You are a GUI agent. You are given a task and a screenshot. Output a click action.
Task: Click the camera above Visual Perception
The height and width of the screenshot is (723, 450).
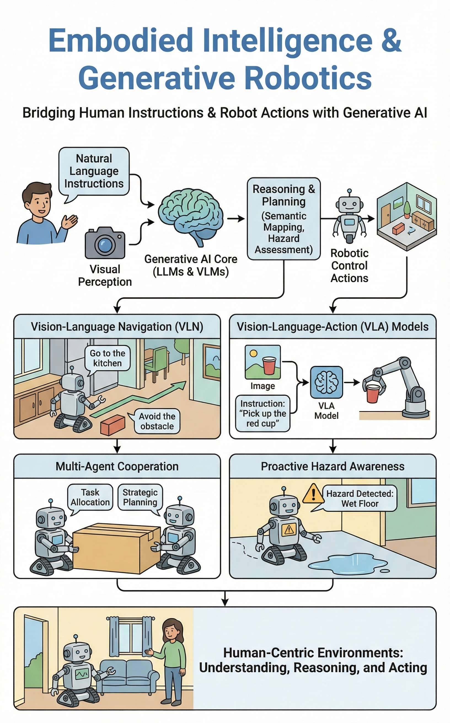pyautogui.click(x=105, y=243)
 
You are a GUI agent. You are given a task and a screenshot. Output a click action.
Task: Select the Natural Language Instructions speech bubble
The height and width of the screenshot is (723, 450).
pyautogui.click(x=94, y=171)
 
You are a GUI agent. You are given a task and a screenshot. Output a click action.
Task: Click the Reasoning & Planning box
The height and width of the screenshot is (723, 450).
pyautogui.click(x=284, y=219)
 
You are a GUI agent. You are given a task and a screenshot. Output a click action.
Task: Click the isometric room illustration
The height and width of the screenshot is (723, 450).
pyautogui.click(x=406, y=216)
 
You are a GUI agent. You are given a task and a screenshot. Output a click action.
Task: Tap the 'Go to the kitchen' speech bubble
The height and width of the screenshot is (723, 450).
pyautogui.click(x=108, y=358)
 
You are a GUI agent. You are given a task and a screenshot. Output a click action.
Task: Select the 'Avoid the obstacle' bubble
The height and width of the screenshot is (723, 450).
pyautogui.click(x=157, y=421)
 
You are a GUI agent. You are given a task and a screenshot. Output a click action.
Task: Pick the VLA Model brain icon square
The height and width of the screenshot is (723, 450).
pyautogui.click(x=326, y=382)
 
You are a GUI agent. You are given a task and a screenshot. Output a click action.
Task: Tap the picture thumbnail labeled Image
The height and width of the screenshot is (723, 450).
pyautogui.click(x=262, y=362)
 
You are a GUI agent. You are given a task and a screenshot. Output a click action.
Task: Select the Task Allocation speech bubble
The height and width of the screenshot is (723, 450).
pyautogui.click(x=90, y=497)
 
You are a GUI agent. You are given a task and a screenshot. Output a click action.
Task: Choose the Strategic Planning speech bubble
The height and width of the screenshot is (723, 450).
pyautogui.click(x=140, y=497)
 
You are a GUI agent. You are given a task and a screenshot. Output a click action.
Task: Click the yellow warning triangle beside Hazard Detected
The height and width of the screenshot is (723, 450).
pyautogui.click(x=313, y=494)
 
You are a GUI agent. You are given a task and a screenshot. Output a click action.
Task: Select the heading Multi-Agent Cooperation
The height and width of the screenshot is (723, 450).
pyautogui.click(x=117, y=466)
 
